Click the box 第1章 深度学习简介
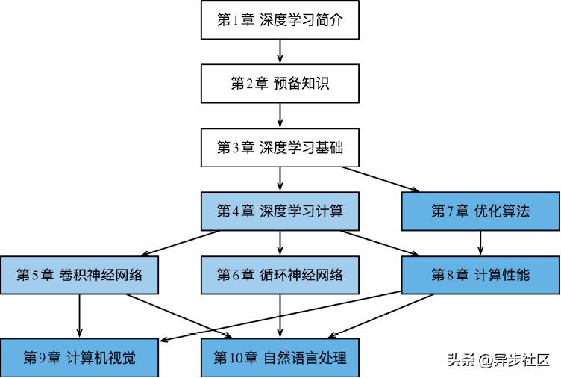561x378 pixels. point(280,20)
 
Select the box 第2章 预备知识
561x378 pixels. point(280,84)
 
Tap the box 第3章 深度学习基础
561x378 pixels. point(280,147)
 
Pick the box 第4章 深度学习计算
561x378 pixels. point(280,211)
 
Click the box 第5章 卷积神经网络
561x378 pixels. point(79,274)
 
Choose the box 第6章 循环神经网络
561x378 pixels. point(280,274)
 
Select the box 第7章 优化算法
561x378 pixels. point(480,211)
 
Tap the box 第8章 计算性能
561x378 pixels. point(480,274)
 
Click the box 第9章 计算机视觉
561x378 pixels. point(79,356)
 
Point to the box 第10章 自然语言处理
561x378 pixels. point(280,356)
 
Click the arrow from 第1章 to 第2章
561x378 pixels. point(280,52)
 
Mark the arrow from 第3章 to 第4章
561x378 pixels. point(280,179)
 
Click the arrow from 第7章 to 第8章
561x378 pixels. point(480,242)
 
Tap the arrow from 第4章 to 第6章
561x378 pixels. point(280,242)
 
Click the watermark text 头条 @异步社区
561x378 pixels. point(498,360)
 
